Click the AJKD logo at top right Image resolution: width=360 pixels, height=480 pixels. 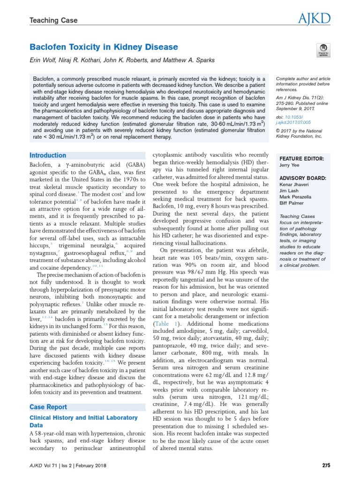314,19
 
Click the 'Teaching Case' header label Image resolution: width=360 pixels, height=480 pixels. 53,21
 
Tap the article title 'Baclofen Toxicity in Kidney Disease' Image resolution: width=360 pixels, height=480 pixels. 104,47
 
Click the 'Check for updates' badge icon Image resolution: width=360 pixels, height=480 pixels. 323,51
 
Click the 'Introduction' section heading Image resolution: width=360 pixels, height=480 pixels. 48,155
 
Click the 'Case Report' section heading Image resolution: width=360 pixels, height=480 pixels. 48,407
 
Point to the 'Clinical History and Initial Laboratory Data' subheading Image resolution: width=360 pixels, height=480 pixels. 83,421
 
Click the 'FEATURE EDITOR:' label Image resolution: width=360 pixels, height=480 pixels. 301,159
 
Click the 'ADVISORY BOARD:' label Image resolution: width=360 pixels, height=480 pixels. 302,178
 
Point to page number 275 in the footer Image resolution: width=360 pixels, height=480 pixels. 327,465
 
